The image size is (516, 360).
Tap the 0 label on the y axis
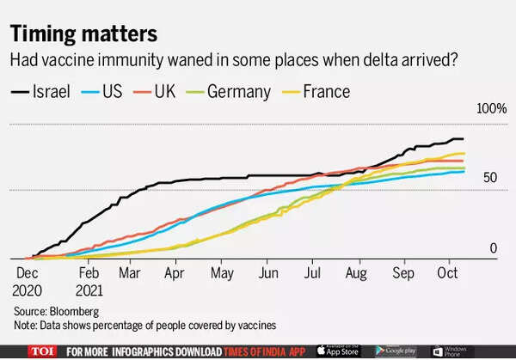click(494, 248)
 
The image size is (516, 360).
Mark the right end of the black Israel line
click(464, 139)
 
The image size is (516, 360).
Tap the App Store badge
click(339, 351)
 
